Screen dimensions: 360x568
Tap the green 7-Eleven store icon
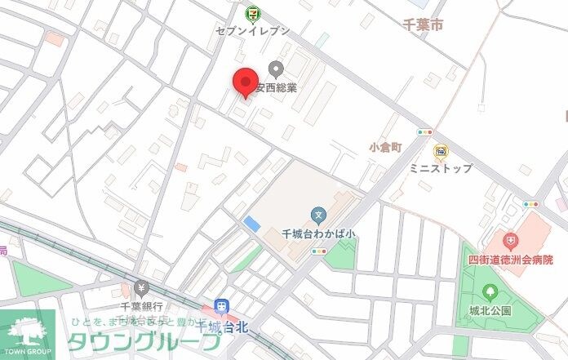coord(252,12)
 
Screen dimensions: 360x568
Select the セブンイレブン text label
coord(252,30)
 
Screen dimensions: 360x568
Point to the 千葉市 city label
coord(423,26)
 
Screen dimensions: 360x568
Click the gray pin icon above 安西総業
coord(275,69)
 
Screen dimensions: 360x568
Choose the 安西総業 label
coord(277,87)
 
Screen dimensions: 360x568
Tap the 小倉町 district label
coord(385,148)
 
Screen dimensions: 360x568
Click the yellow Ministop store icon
coord(441,151)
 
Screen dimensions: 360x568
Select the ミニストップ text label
coord(441,169)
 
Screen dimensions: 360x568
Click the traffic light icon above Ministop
coord(424,131)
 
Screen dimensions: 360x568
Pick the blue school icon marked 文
coord(319,216)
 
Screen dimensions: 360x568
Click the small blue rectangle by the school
coord(252,223)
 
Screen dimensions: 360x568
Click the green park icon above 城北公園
coord(490,291)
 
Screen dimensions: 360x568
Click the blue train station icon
coord(220,306)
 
